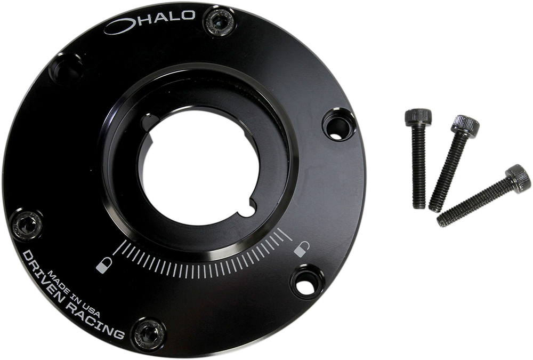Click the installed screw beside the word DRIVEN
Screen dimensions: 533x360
pos(26,224)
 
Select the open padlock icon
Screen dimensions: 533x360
pos(301,249)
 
